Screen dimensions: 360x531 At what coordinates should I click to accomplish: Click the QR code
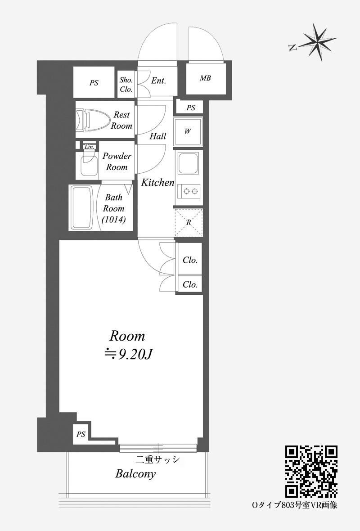point(311,472)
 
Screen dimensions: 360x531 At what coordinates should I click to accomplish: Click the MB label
point(205,78)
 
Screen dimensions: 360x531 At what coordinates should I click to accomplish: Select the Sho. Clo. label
point(126,85)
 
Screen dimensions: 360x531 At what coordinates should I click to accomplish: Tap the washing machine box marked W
point(188,132)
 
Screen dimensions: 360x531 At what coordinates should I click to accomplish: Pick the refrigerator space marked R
point(189,222)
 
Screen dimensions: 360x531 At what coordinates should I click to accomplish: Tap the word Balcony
point(135,474)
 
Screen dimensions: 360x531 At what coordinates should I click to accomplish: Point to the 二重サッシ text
point(157,459)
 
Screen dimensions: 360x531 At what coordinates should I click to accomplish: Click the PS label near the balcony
point(81,434)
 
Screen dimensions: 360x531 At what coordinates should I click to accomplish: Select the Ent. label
point(158,81)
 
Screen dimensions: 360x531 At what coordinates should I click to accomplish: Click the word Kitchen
point(158,183)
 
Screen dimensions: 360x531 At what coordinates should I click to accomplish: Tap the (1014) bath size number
point(114,220)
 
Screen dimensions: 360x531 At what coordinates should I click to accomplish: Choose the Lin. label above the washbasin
point(90,147)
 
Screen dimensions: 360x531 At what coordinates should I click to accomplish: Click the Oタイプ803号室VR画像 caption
point(295,505)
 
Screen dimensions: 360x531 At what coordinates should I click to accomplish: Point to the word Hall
point(158,136)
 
